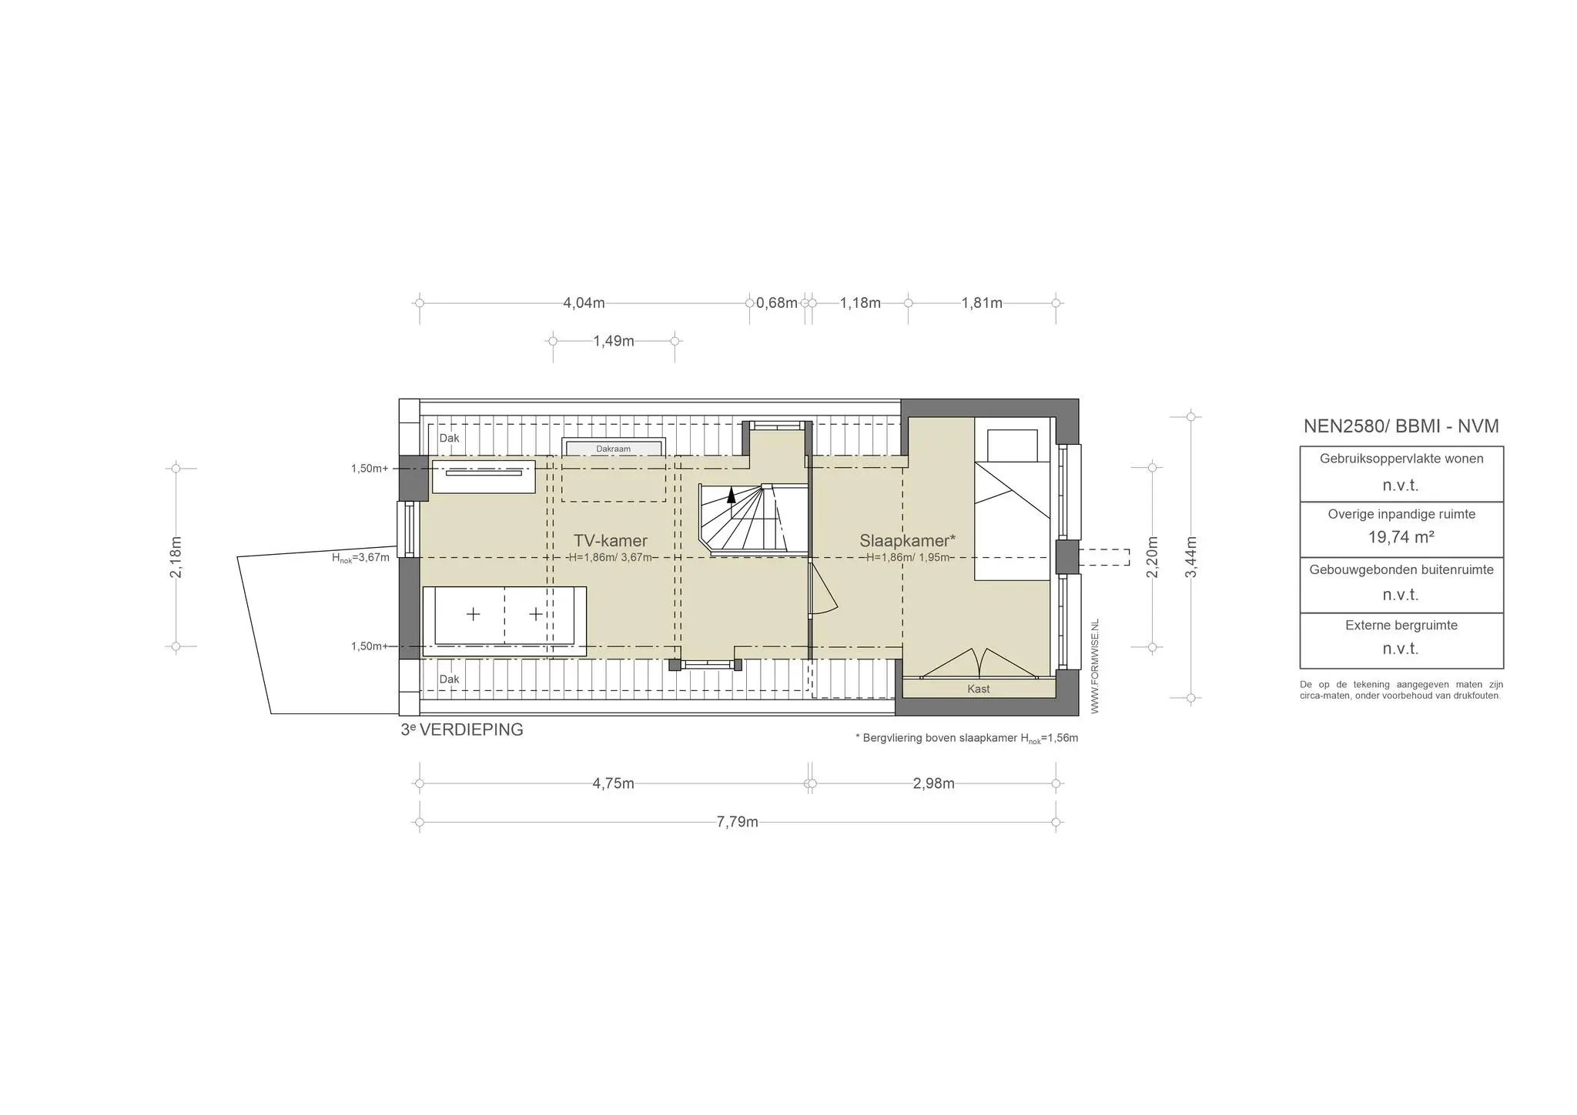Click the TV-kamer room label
coord(610,540)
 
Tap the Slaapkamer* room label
coord(907,540)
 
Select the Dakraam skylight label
coord(613,449)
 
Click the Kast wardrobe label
coord(979,689)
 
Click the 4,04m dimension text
coord(584,303)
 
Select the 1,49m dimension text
coord(614,341)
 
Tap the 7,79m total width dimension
coord(737,822)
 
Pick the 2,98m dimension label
coord(933,783)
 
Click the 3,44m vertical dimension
coord(1190,557)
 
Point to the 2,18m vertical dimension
coord(176,557)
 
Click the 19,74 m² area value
coord(1401,537)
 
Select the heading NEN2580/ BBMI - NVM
coord(1401,426)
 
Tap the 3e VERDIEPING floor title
coord(462,729)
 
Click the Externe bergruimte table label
coord(1401,626)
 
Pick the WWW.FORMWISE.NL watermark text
coord(1095,666)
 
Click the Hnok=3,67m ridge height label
coord(360,558)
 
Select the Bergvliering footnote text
coord(966,738)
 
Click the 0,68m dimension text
coord(777,303)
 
